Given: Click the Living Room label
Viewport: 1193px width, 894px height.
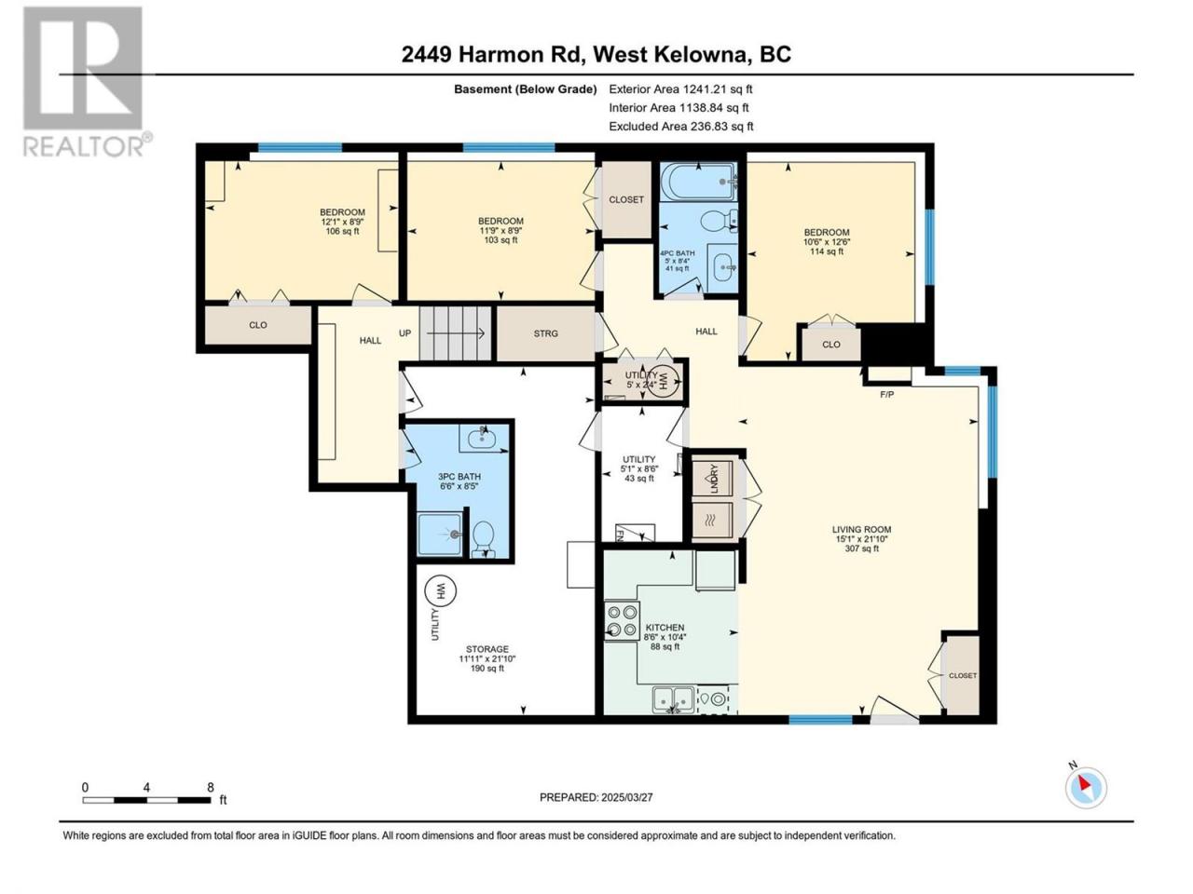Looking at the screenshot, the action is point(861,529).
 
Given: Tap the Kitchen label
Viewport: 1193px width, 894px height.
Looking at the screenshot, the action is point(665,628).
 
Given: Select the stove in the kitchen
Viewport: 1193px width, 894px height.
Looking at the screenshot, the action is point(623,621).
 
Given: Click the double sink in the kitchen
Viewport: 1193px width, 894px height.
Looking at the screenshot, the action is point(674,699).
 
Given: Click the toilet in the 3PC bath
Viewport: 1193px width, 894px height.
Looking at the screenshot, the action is point(483,539).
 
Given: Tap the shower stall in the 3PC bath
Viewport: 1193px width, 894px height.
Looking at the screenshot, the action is point(440,535).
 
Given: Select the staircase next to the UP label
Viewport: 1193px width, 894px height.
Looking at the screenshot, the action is point(455,333).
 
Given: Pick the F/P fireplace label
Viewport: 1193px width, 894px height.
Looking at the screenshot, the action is point(886,395).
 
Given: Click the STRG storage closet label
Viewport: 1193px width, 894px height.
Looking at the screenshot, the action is point(545,333).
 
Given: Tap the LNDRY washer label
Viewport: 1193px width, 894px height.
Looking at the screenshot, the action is point(714,479).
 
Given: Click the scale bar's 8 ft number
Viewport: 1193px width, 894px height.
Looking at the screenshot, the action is point(211,787).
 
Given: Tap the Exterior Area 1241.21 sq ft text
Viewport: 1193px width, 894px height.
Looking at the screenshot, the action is point(680,89).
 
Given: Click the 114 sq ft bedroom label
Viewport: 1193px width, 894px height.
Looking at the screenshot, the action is point(827,251).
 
